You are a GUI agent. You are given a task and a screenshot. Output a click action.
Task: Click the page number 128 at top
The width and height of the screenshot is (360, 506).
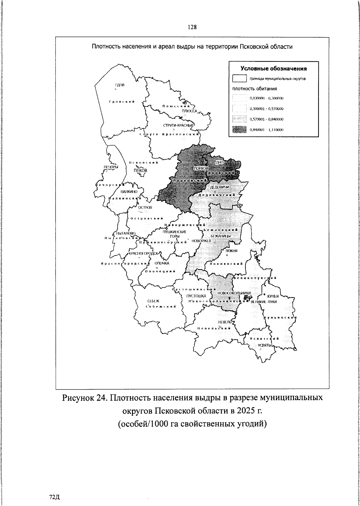(192, 27)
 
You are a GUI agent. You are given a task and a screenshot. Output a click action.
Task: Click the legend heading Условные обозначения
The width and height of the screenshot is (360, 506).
(274, 69)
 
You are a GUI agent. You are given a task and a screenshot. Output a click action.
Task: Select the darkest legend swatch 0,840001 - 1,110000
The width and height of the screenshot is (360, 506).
(239, 130)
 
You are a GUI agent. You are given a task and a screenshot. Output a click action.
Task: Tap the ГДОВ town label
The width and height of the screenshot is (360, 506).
(120, 85)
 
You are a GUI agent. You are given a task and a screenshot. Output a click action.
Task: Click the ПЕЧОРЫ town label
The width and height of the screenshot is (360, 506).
(109, 167)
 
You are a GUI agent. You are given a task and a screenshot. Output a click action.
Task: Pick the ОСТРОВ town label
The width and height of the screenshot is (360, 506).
(145, 207)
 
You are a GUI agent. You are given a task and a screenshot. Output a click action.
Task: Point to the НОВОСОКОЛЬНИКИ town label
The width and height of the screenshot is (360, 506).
(234, 293)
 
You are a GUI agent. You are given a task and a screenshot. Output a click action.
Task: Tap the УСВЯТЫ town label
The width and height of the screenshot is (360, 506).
(265, 345)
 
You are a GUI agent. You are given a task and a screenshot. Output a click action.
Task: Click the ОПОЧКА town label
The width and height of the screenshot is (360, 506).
(162, 263)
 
